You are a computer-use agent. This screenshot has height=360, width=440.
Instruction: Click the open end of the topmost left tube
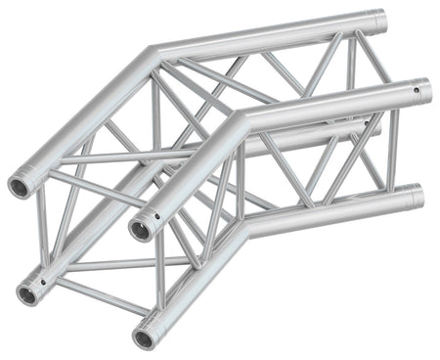20,187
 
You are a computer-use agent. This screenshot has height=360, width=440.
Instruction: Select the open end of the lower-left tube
28,291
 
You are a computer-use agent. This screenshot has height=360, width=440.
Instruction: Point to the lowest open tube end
145,338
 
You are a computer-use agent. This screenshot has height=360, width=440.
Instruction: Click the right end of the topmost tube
379,19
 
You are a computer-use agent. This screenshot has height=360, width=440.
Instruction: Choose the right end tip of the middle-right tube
427,91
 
